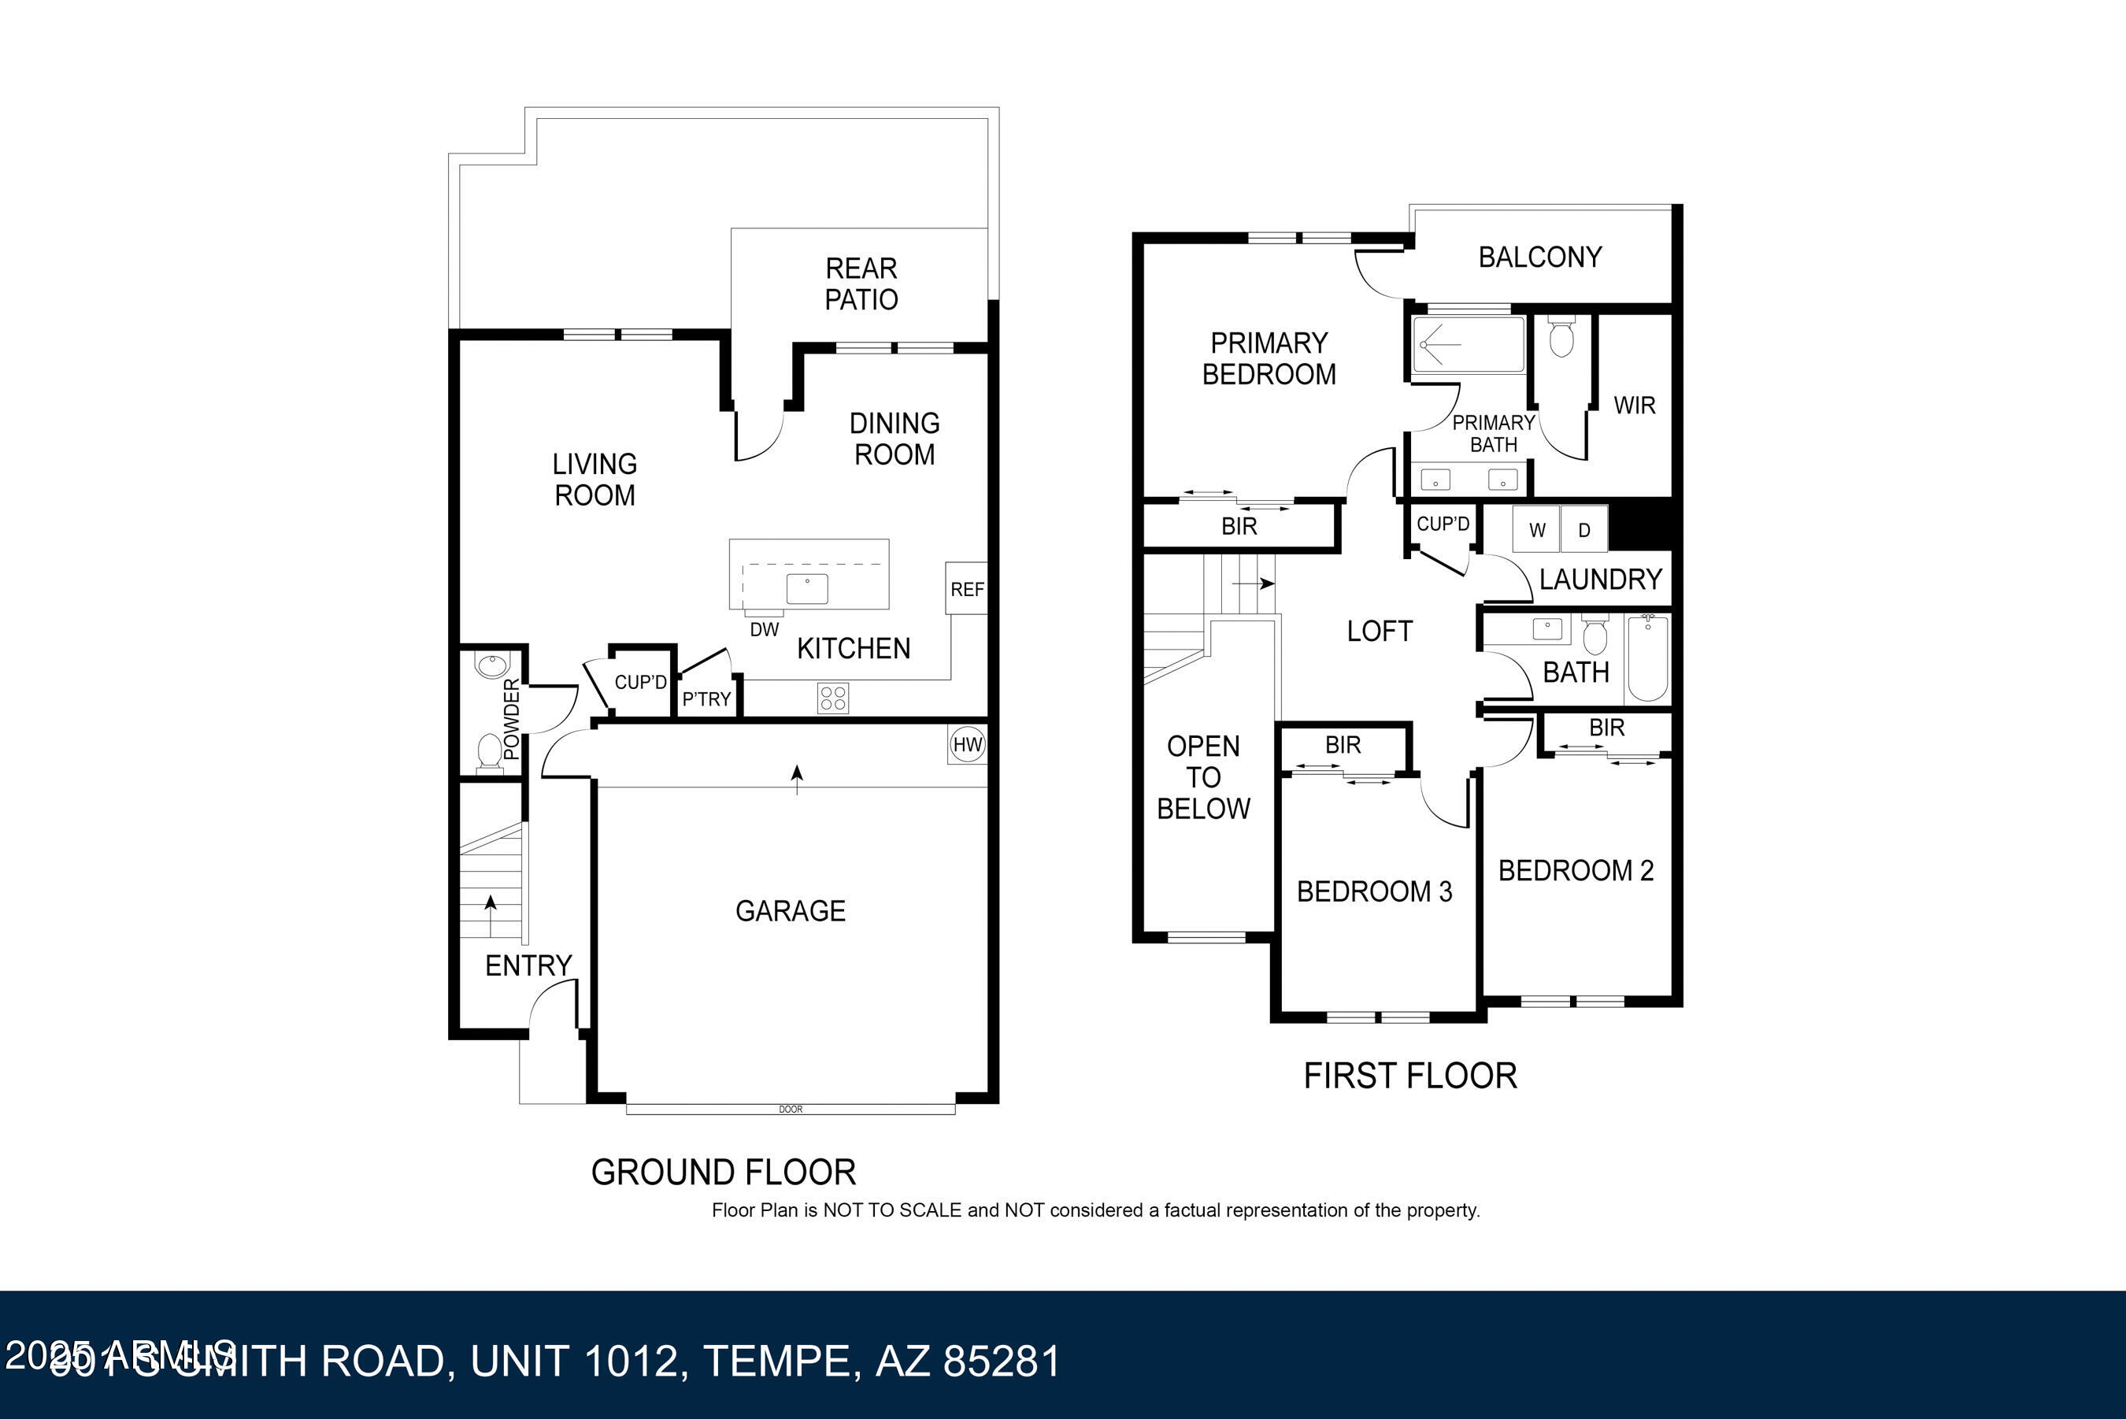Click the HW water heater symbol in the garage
point(967,745)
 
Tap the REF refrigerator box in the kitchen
point(966,589)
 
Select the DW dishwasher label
point(764,630)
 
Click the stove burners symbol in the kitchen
point(833,698)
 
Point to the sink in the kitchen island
point(807,589)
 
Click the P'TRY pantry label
point(706,699)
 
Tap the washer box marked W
point(1537,530)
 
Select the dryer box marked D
point(1584,530)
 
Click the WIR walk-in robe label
point(1634,406)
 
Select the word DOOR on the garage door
point(790,1110)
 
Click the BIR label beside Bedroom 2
point(1607,728)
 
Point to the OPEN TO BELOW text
point(1203,777)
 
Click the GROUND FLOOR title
point(723,1172)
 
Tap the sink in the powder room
point(491,666)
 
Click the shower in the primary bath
point(1469,345)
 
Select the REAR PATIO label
point(861,284)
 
